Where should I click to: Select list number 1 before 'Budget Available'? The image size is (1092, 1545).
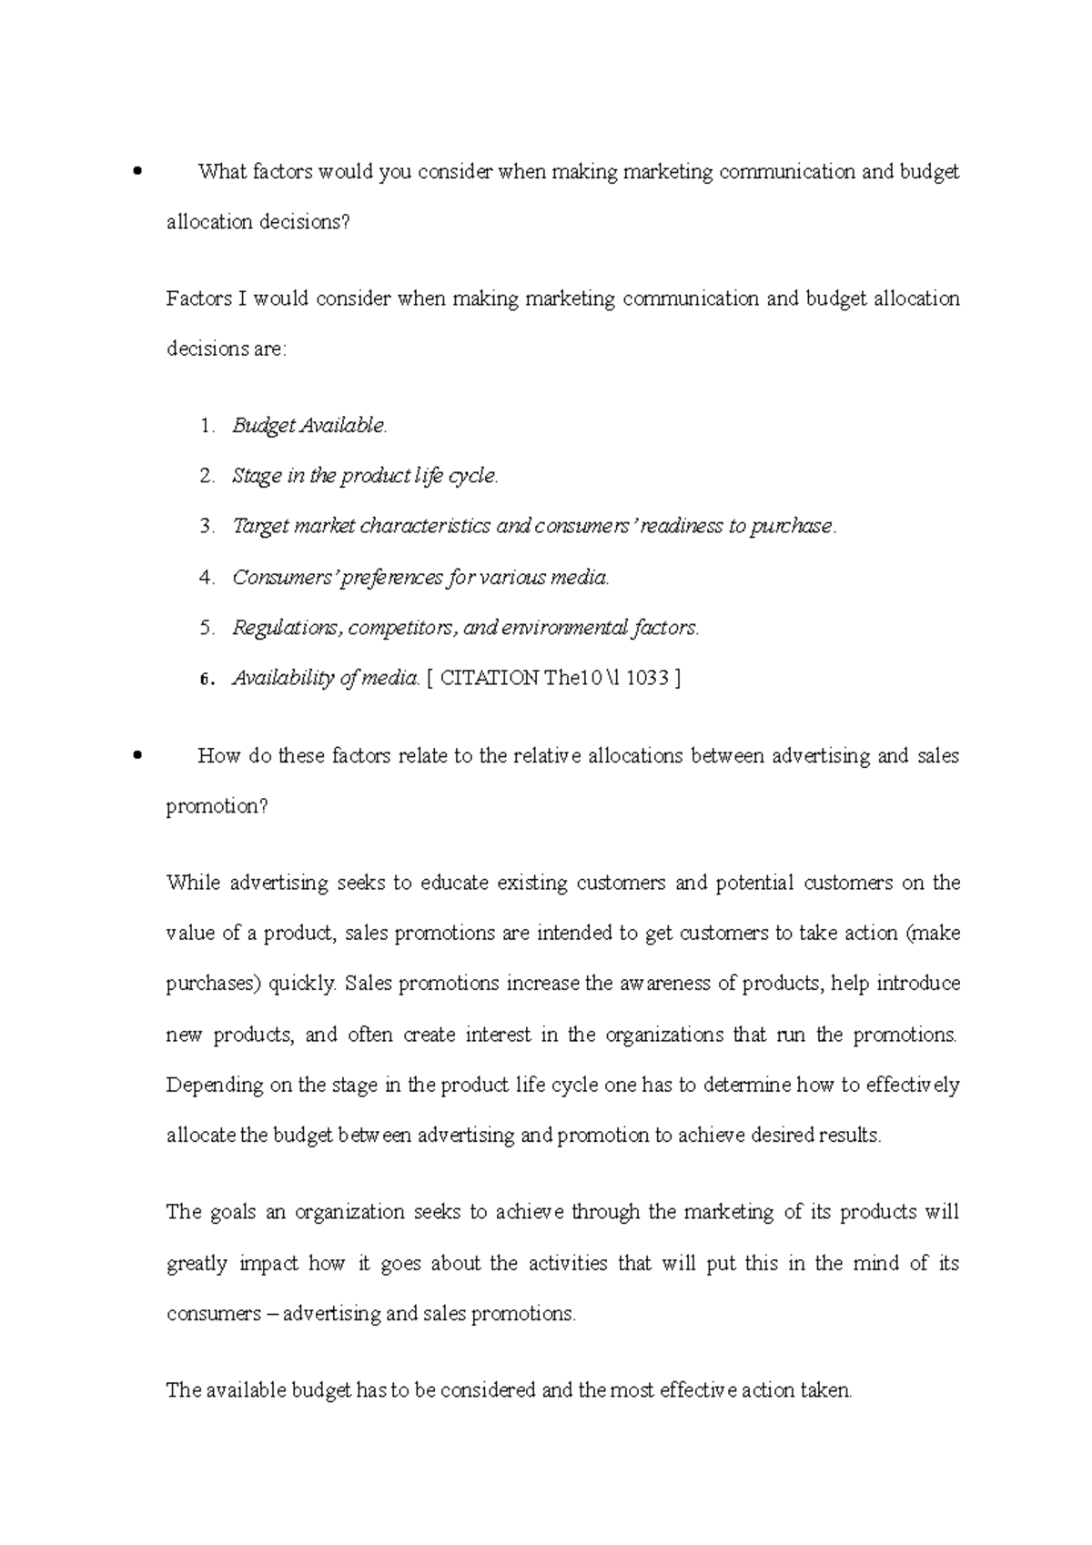pos(207,425)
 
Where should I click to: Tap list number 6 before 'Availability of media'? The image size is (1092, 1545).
pos(207,679)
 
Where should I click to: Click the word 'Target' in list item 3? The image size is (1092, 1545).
pos(261,526)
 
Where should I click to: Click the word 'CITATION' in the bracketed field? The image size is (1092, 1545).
pos(489,678)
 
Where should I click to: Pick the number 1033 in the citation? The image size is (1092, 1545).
pos(647,678)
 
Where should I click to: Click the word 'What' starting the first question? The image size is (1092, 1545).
pos(221,171)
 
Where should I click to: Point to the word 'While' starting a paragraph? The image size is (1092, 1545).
pos(193,883)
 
